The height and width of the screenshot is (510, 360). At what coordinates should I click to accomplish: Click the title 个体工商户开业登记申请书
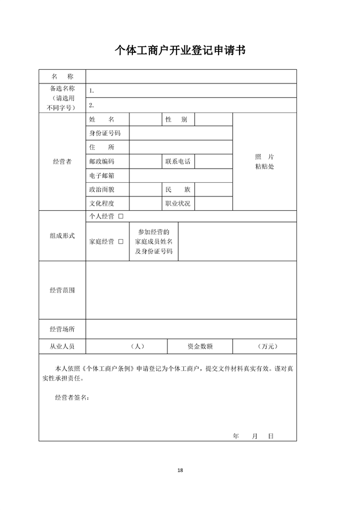pyautogui.click(x=180, y=51)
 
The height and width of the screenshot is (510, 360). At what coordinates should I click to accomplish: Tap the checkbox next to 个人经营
pyautogui.click(x=120, y=217)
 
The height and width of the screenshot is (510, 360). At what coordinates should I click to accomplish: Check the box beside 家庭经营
pyautogui.click(x=120, y=242)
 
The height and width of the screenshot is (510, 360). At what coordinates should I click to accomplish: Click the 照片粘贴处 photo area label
pyautogui.click(x=265, y=162)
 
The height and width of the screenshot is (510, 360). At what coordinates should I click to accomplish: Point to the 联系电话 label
pyautogui.click(x=178, y=162)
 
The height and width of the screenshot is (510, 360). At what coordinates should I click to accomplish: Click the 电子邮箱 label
pyautogui.click(x=102, y=176)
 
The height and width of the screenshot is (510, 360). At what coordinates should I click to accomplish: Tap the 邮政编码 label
pyautogui.click(x=102, y=162)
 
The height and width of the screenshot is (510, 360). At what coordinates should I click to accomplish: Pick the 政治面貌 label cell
pyautogui.click(x=102, y=190)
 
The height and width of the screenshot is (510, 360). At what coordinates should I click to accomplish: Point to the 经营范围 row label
pyautogui.click(x=62, y=290)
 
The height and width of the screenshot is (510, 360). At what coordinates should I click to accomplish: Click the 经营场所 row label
pyautogui.click(x=62, y=329)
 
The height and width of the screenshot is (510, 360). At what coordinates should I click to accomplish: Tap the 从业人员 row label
pyautogui.click(x=62, y=346)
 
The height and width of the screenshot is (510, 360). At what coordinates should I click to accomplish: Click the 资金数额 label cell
pyautogui.click(x=200, y=346)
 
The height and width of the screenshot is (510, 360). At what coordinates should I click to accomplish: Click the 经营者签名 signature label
pyautogui.click(x=72, y=398)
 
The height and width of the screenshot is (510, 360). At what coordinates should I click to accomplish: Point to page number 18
pyautogui.click(x=180, y=470)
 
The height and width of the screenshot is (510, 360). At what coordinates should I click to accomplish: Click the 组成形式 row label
pyautogui.click(x=62, y=236)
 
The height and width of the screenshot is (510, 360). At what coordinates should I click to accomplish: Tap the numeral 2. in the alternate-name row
pyautogui.click(x=91, y=105)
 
